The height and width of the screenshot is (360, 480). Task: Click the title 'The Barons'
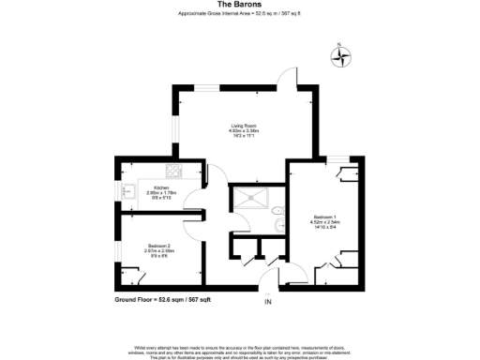click(x=239, y=5)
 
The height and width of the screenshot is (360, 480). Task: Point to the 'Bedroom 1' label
click(x=325, y=217)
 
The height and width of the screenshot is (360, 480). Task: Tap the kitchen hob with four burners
click(x=172, y=172)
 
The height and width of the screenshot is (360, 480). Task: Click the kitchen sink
click(x=127, y=193)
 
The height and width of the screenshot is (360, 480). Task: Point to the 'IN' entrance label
click(x=268, y=302)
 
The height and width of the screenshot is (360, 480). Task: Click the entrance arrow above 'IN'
click(x=267, y=287)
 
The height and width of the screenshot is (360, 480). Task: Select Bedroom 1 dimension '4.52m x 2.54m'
click(x=325, y=222)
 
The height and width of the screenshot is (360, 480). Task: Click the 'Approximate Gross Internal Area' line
click(x=239, y=13)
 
